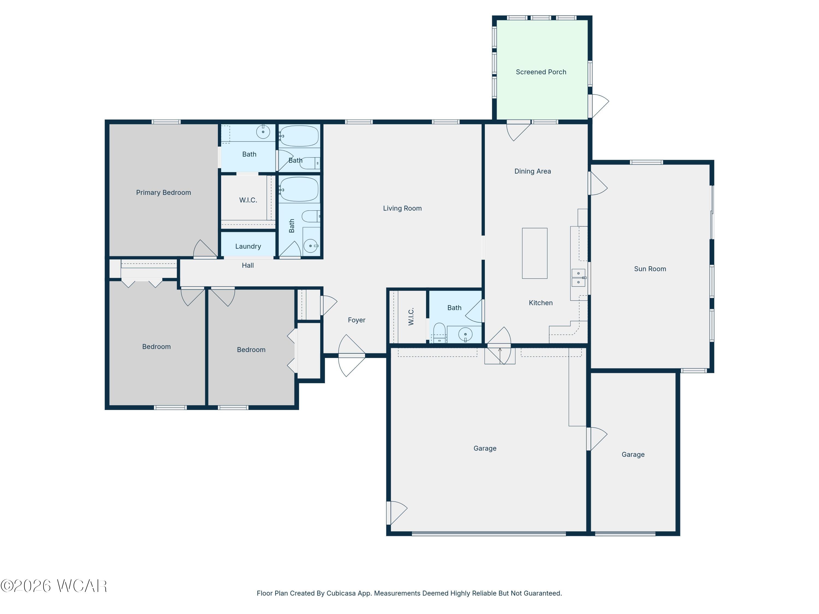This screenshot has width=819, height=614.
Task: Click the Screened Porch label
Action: [x=541, y=72]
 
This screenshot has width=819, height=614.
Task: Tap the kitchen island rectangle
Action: [x=535, y=253]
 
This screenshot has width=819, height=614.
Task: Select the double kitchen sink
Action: [x=578, y=278]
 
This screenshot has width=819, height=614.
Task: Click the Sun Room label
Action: [x=650, y=269]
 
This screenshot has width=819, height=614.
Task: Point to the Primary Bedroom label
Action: [x=163, y=192]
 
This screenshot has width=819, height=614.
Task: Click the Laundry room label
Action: [x=248, y=246]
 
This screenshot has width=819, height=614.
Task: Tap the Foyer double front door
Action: [x=351, y=356]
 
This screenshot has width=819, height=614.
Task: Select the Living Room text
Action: [x=402, y=208]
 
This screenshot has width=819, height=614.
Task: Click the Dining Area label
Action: [x=532, y=171]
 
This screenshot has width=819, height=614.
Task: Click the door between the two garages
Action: [x=597, y=439]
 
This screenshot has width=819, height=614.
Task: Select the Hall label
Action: [x=248, y=265]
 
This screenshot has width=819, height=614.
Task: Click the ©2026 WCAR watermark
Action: [x=54, y=586]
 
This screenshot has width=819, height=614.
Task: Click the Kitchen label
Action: [x=541, y=303]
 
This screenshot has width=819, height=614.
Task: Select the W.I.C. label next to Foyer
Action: [x=411, y=317]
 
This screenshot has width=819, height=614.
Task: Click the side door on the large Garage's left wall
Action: [x=397, y=512]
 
